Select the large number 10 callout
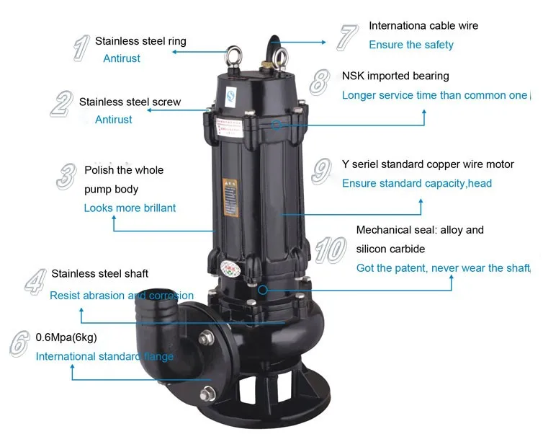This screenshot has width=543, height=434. (x=331, y=249)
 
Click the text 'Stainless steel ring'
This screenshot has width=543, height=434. (x=140, y=41)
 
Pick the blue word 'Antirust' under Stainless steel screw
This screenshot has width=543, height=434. (x=114, y=120)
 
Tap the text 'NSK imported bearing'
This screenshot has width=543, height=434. (x=395, y=76)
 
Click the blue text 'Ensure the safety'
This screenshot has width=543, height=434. (x=411, y=45)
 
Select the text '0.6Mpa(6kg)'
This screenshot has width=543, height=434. (x=66, y=337)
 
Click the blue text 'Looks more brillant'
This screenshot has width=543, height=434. (x=130, y=208)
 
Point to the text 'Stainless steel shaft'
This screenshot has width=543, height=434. (x=100, y=273)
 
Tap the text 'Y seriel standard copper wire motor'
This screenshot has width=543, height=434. (x=428, y=164)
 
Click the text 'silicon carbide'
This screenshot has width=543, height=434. (x=391, y=249)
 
